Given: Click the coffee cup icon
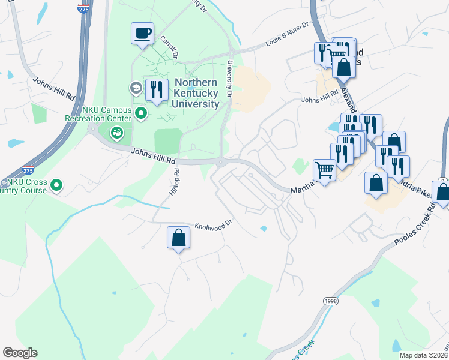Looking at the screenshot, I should pyautogui.click(x=143, y=33).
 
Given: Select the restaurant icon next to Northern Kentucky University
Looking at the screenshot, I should pyautogui.click(x=157, y=90).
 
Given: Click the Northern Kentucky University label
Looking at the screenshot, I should pyautogui.click(x=196, y=94).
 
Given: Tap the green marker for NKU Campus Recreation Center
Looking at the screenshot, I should pyautogui.click(x=141, y=113).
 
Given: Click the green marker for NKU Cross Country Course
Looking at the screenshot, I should pyautogui.click(x=56, y=185).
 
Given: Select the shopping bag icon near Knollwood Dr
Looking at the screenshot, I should pyautogui.click(x=179, y=238).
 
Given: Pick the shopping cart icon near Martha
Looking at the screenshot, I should pyautogui.click(x=324, y=170).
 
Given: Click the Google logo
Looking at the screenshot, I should pyautogui.click(x=20, y=353).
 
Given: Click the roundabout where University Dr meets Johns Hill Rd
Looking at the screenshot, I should pyautogui.click(x=221, y=161).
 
